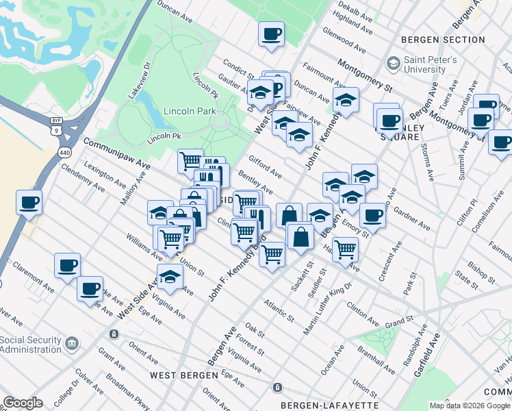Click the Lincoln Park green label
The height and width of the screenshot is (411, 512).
coord(190,111)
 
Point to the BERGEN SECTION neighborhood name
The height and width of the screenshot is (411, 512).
coord(444,40)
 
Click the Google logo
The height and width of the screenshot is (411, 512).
coord(23,403)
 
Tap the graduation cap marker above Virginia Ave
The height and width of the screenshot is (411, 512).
coord(170,277)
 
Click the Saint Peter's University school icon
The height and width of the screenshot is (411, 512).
coord(393,64)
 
